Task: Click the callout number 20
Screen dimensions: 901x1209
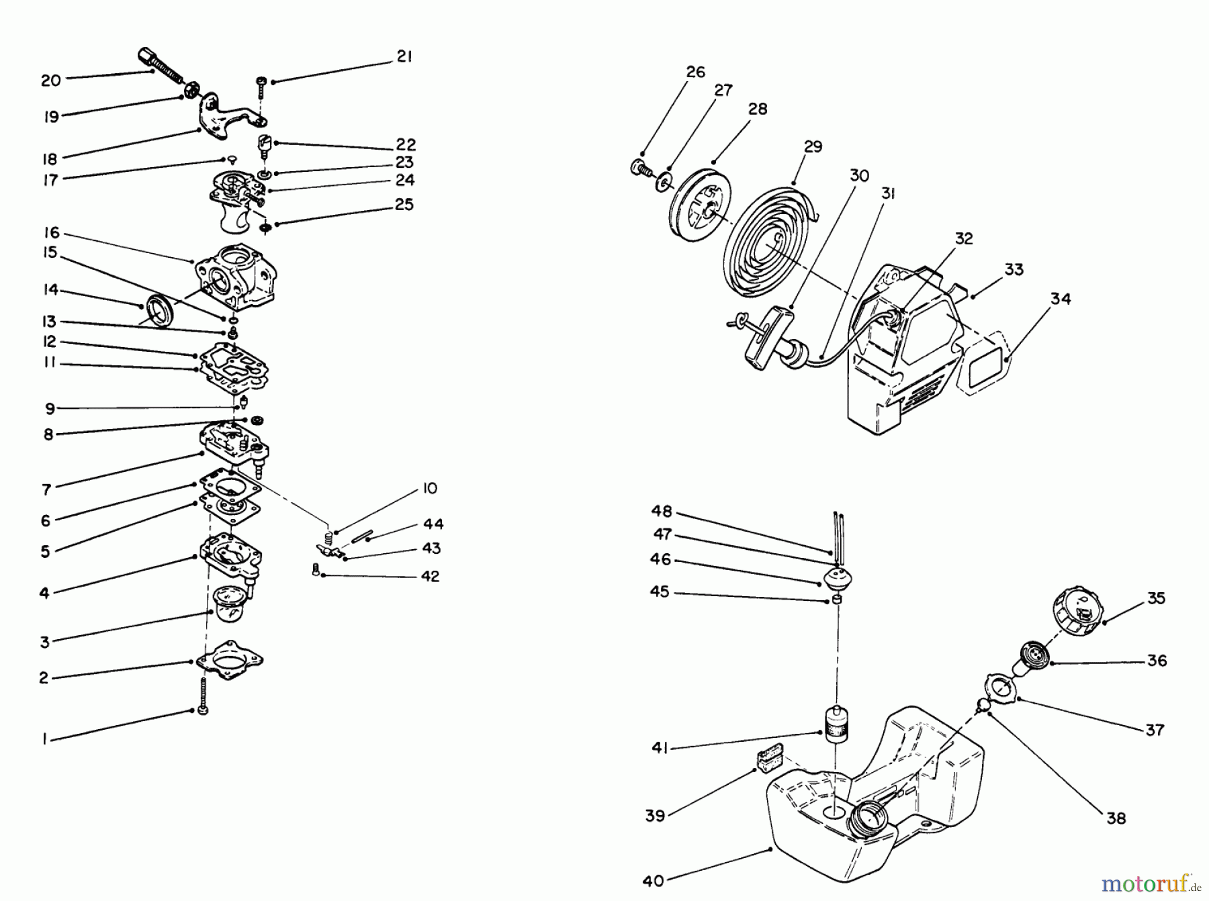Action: (x=50, y=81)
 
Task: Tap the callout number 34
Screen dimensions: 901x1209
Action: (x=1061, y=299)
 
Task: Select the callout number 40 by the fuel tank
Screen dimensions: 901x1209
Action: (x=653, y=881)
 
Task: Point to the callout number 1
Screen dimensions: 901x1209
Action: (x=44, y=739)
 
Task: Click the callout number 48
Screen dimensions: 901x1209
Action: (x=662, y=512)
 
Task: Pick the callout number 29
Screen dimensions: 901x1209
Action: (x=813, y=146)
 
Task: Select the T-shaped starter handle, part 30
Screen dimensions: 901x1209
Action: (x=764, y=336)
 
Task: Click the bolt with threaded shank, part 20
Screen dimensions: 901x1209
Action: (x=161, y=64)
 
